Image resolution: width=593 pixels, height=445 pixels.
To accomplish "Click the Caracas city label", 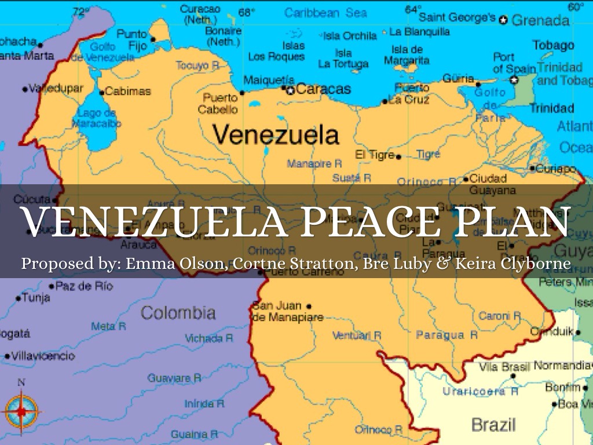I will pyautogui.click(x=324, y=89).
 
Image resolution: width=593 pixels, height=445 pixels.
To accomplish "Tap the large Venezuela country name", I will pyautogui.click(x=276, y=135).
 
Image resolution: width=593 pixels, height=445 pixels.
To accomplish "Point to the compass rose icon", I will pyautogui.click(x=21, y=411).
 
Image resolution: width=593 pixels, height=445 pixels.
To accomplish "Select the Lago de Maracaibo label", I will pyautogui.click(x=97, y=118).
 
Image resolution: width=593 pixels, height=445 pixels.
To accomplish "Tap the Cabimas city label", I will pyautogui.click(x=128, y=92).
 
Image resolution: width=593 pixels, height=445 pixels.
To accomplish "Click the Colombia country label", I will pyautogui.click(x=178, y=313).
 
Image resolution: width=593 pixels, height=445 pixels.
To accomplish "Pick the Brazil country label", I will pyautogui.click(x=493, y=425).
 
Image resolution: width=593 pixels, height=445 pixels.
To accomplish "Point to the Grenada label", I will pyautogui.click(x=540, y=21).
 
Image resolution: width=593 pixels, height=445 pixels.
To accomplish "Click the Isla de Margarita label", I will pyautogui.click(x=407, y=55).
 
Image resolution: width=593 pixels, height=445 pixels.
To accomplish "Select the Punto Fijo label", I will pyautogui.click(x=132, y=39).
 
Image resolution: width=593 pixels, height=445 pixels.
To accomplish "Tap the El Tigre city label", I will pyautogui.click(x=375, y=155).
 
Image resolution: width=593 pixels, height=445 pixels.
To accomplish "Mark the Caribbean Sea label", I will pyautogui.click(x=325, y=12).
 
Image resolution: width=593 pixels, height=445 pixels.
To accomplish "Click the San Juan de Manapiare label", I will pyautogui.click(x=280, y=312).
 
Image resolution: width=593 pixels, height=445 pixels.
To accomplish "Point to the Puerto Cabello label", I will pyautogui.click(x=219, y=103).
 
